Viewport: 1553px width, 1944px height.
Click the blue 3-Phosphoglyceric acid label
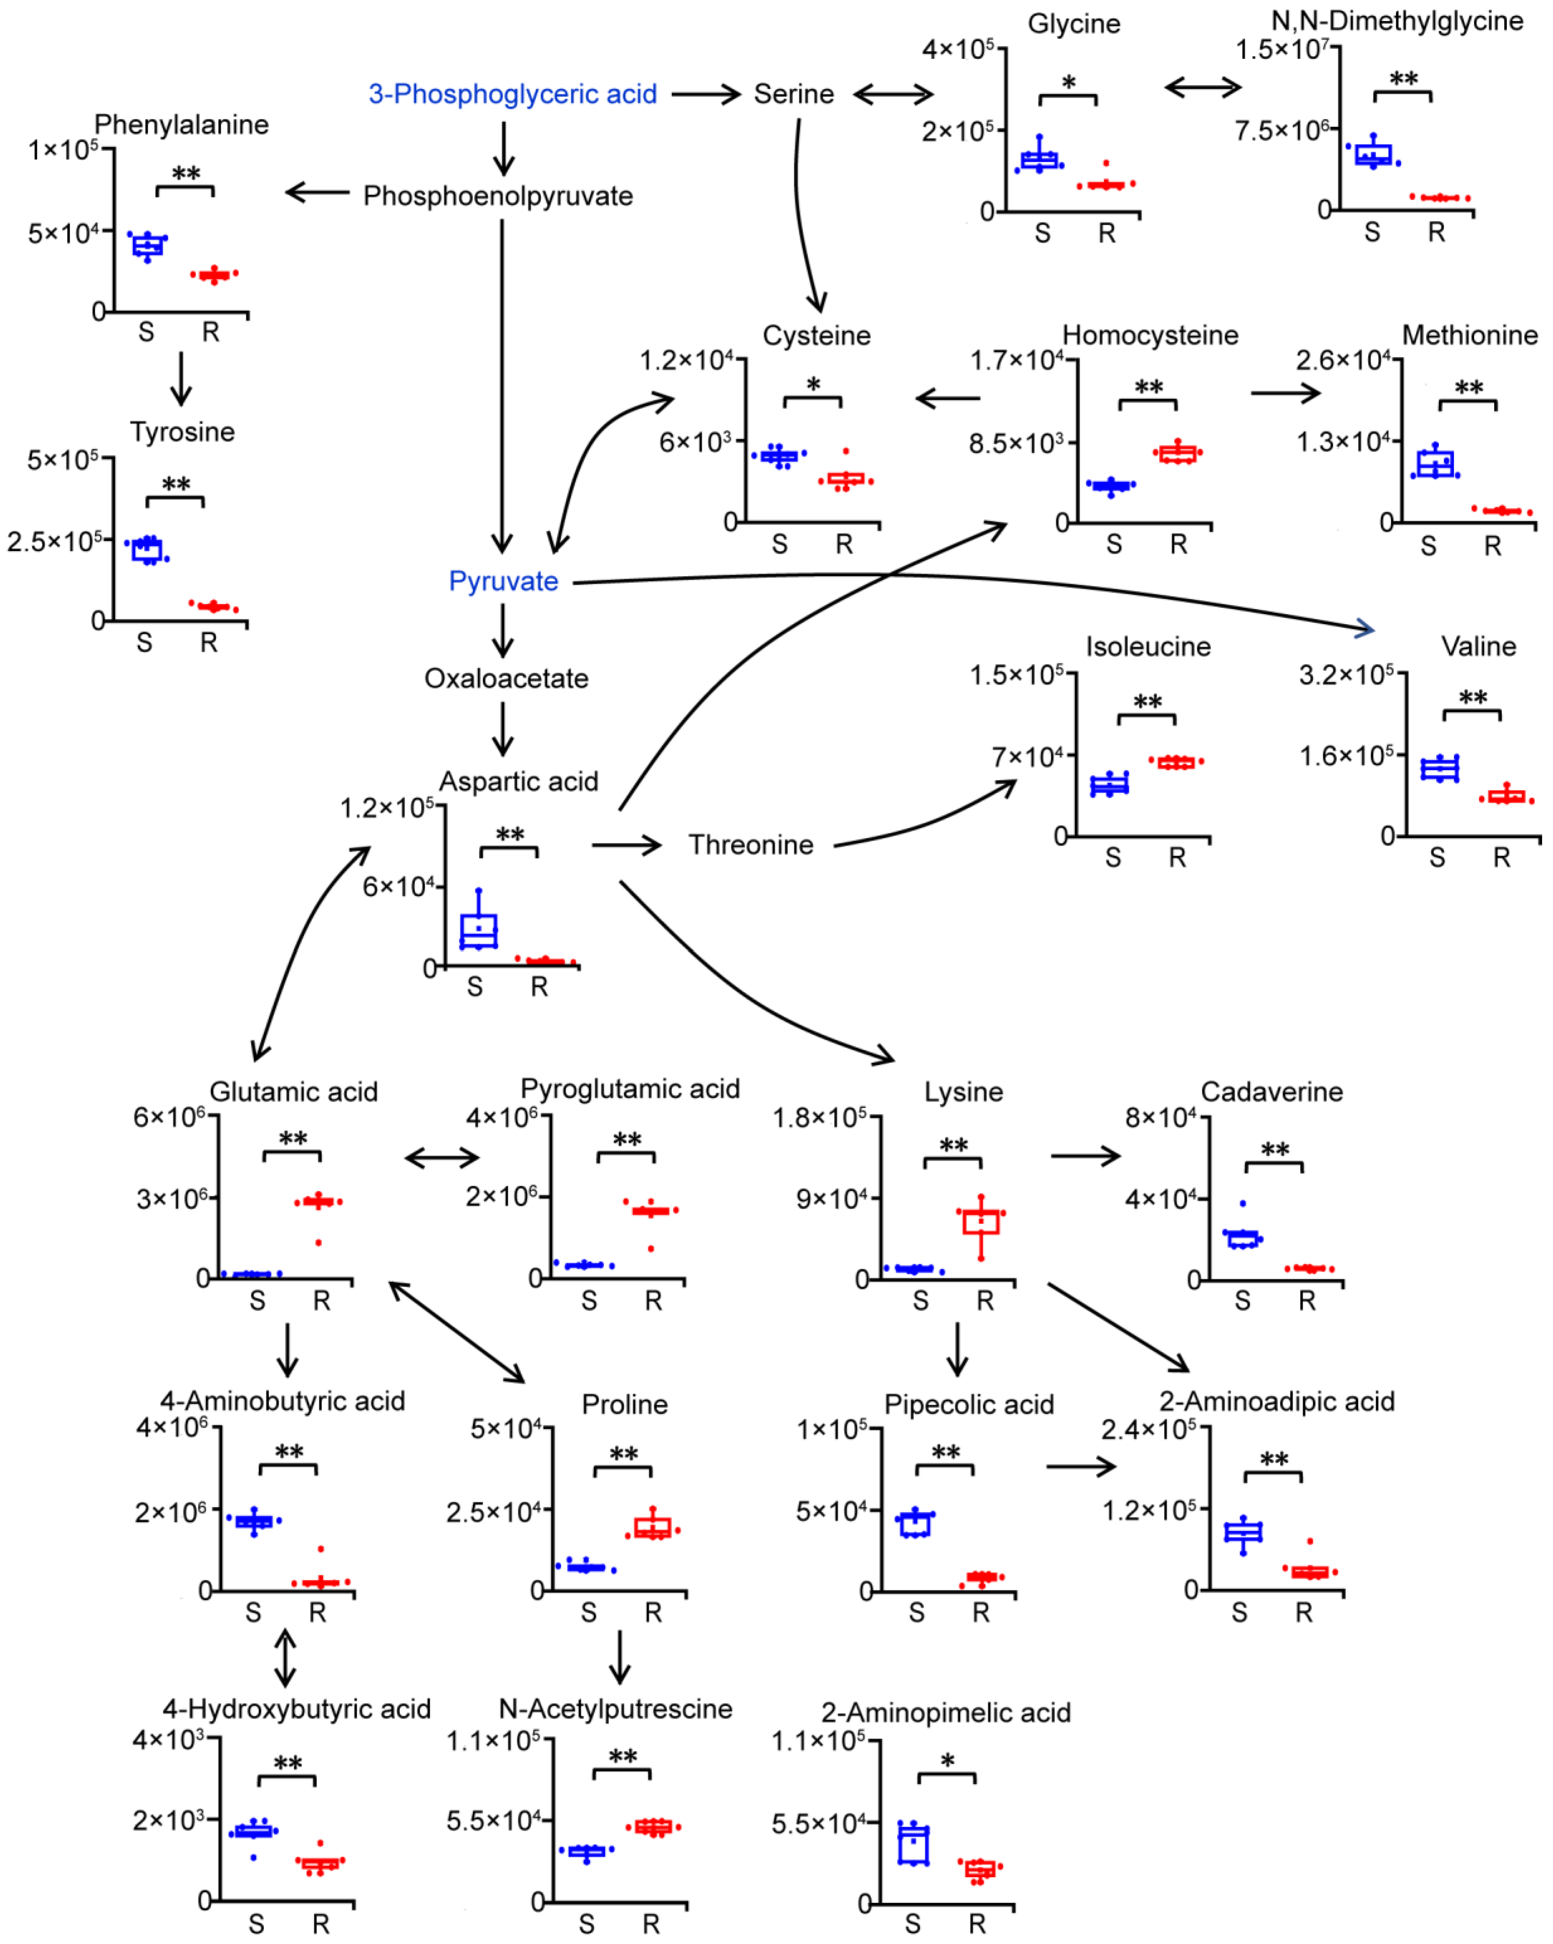point(512,94)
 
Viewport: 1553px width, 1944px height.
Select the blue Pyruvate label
point(503,582)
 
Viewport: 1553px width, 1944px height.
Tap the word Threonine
point(750,845)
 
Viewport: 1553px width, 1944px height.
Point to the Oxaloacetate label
point(506,678)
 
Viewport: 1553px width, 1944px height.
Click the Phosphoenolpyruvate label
point(498,196)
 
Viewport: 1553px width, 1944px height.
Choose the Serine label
point(793,94)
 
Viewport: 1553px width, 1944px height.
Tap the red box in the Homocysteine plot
point(1178,453)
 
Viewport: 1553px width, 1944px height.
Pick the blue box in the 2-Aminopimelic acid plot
point(914,1845)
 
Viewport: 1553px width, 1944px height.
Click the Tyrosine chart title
point(182,432)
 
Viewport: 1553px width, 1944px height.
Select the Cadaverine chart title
point(1271,1092)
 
